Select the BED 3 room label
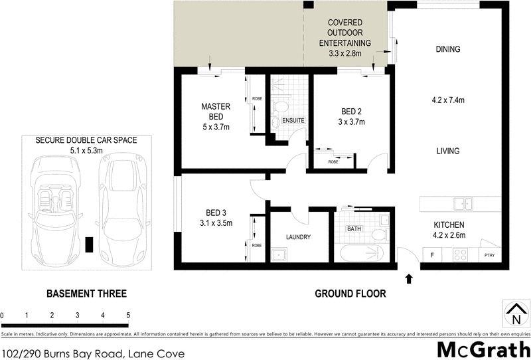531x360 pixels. point(216,213)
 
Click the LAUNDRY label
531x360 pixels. point(298,237)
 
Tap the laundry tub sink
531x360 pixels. point(278,254)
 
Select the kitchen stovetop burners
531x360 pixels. point(460,254)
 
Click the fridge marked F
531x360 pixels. point(432,254)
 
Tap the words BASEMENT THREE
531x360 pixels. point(86,294)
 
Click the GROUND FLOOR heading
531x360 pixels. point(350,294)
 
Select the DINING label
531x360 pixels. point(448,49)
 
